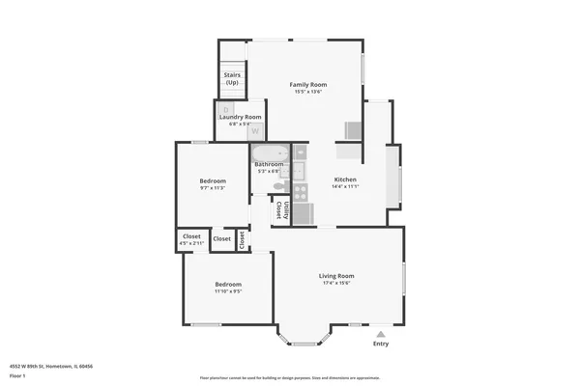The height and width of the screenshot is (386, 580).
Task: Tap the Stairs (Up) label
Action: tap(232, 78)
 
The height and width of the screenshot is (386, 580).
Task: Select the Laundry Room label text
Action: tap(240, 117)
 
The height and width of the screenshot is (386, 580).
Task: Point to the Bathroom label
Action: tap(269, 164)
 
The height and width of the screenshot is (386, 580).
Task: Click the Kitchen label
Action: tap(345, 179)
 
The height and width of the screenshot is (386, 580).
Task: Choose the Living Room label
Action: tap(336, 276)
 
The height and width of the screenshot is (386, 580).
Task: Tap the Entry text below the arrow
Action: tap(381, 344)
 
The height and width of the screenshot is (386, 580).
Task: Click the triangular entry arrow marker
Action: tap(381, 332)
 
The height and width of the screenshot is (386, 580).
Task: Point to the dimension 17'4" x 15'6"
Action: tap(336, 284)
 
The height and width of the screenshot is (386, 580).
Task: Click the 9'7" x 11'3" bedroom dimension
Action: tap(213, 188)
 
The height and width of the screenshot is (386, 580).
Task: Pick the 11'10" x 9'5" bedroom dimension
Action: tap(228, 290)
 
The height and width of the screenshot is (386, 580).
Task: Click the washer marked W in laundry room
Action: tap(255, 130)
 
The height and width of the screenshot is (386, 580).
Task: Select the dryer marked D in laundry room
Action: tap(222, 109)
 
